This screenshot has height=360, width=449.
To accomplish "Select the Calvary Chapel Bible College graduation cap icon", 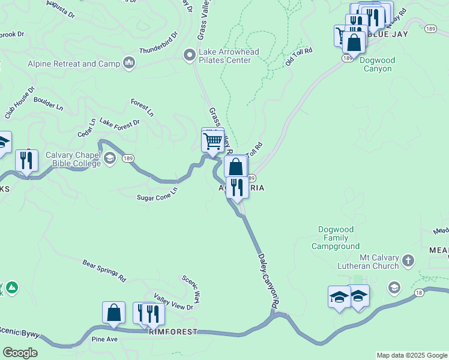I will pyautogui.click(x=109, y=158).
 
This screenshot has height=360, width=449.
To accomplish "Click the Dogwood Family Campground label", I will pyautogui.click(x=336, y=238).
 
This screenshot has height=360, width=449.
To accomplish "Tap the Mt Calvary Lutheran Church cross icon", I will pyautogui.click(x=408, y=260).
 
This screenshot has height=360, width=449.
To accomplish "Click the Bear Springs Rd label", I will pyautogui.click(x=104, y=271).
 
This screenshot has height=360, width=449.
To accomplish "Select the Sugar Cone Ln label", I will pyautogui.click(x=157, y=193).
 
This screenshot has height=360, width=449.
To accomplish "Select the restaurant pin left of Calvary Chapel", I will pyautogui.click(x=26, y=161).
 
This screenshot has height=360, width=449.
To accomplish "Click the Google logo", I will pyautogui.click(x=20, y=353).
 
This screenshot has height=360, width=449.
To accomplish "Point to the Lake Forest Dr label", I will pyautogui.click(x=119, y=123).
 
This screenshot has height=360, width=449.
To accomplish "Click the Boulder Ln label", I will pyautogui.click(x=49, y=103).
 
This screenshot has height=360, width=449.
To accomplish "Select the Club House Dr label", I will pyautogui.click(x=19, y=103).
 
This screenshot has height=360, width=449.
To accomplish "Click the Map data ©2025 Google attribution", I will pyautogui.click(x=412, y=355).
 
